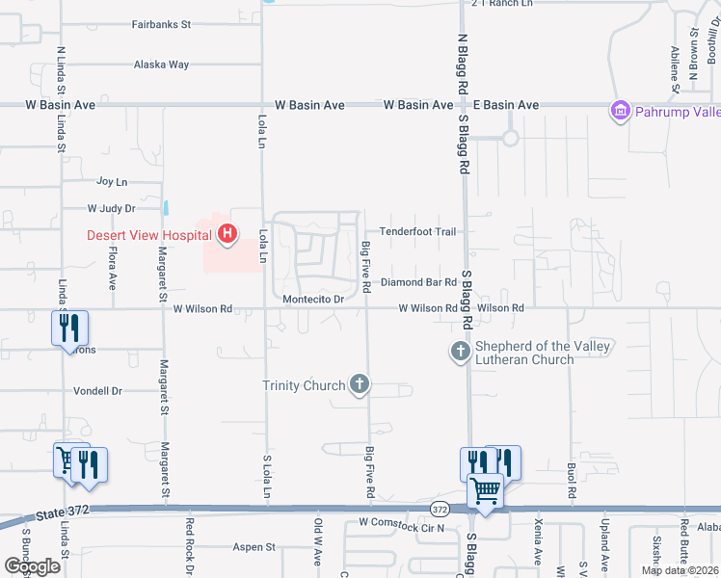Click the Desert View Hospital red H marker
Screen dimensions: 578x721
coord(227,234)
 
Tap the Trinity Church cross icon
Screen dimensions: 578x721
coord(359,385)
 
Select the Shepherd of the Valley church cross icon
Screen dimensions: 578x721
coord(460,352)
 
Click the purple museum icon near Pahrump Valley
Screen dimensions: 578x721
coord(619,112)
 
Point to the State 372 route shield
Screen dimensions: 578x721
coord(440,509)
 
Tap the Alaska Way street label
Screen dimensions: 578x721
coord(162,65)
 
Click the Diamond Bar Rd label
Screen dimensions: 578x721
coord(417,282)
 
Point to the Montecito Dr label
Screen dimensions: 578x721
coord(313,300)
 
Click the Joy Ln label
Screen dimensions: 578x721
coord(112,181)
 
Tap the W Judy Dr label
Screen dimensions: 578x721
coord(111,207)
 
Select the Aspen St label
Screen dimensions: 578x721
coord(254,547)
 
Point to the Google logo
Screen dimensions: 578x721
coord(32,566)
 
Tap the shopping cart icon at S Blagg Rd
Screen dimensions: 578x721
coord(485,490)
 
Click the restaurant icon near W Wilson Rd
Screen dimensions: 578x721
coord(67,327)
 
